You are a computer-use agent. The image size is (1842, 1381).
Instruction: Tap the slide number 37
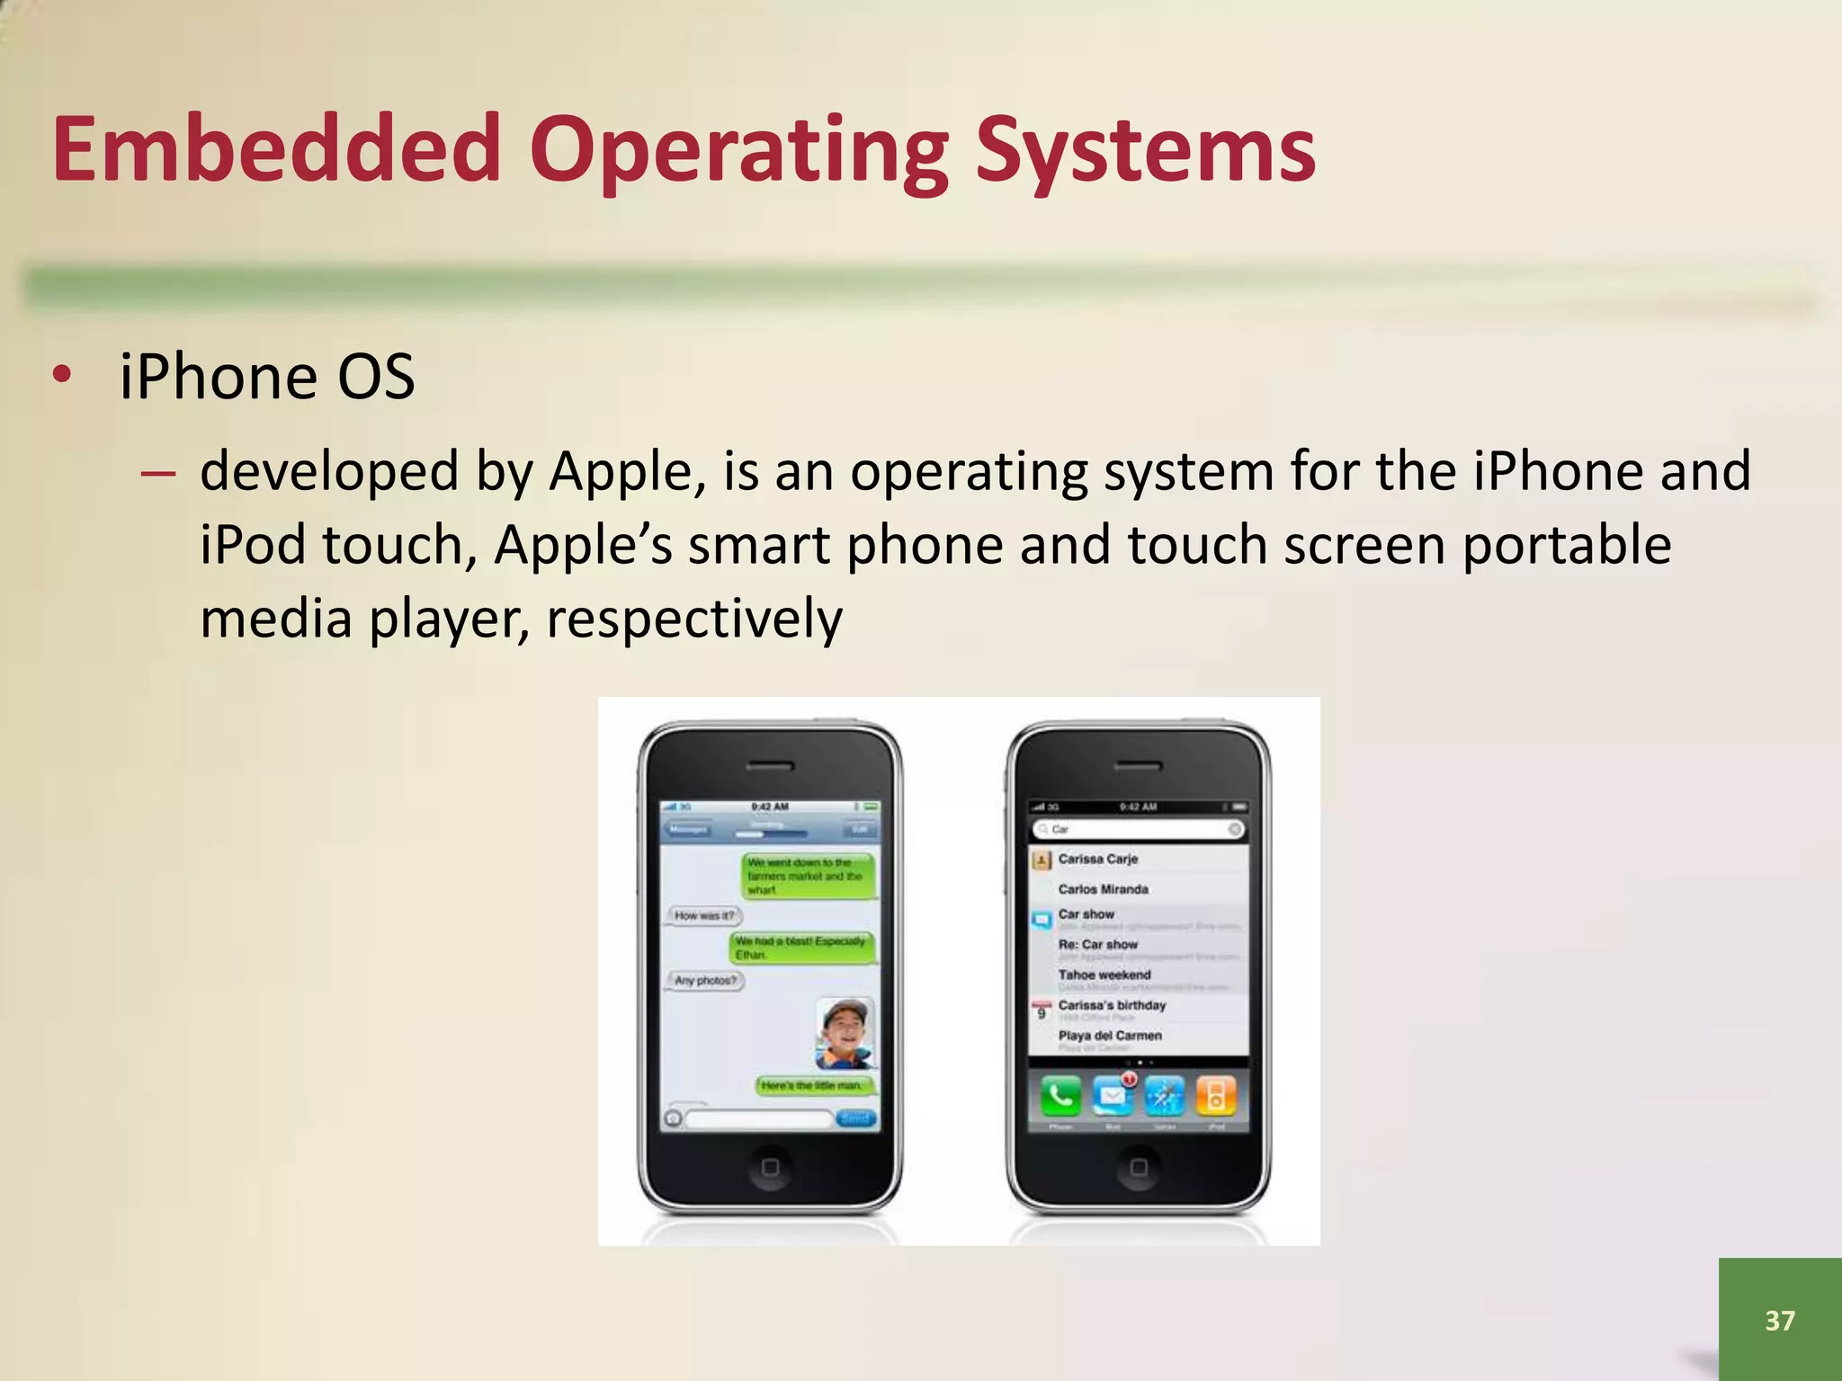1779,1320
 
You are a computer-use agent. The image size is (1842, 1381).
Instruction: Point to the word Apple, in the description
621,471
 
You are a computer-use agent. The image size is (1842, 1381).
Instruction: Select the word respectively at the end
694,619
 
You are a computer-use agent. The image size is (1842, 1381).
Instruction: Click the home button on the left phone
770,1167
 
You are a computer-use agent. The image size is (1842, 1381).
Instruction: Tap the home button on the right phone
1139,1167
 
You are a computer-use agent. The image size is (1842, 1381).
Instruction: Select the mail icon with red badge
1113,1095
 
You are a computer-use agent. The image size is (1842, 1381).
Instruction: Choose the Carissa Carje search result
1097,860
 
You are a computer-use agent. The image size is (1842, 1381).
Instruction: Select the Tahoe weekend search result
1104,976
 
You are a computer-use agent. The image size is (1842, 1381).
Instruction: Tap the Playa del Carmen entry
1110,1036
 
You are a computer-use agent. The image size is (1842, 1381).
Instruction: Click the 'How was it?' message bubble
704,915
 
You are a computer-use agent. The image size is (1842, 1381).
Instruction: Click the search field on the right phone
1139,829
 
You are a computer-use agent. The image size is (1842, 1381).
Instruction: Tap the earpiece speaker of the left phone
770,767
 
